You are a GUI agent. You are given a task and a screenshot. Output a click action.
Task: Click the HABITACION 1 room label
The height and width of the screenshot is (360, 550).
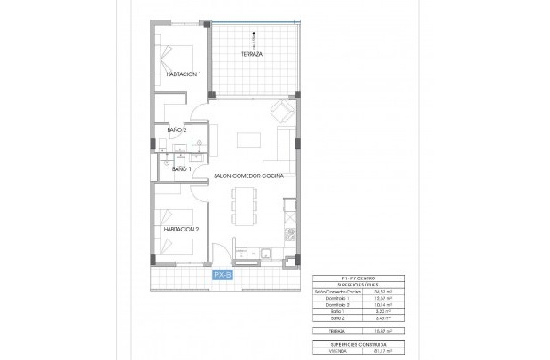[184, 74]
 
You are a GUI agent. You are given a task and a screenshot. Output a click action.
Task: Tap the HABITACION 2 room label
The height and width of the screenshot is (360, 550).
[180, 229]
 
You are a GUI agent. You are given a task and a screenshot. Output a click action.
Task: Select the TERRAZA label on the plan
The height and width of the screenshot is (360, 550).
[252, 54]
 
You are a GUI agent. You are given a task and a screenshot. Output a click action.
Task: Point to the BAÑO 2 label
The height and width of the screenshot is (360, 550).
[177, 131]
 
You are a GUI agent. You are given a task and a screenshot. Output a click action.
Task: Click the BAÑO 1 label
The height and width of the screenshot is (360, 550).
[181, 168]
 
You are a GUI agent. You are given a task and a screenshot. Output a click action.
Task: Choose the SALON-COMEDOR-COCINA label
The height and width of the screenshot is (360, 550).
[248, 177]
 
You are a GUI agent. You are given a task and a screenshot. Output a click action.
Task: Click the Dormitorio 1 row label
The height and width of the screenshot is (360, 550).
[328, 299]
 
